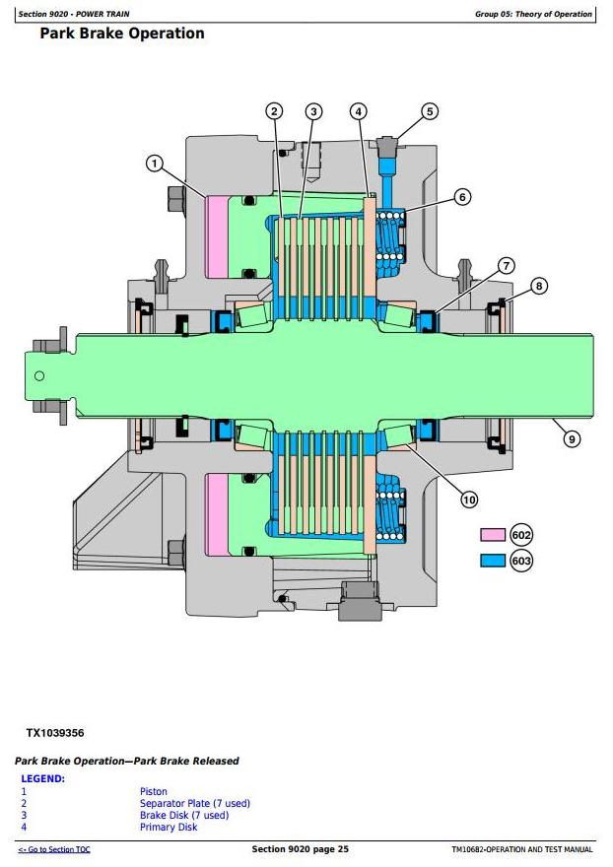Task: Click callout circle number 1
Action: pyautogui.click(x=155, y=164)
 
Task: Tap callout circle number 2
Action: pyautogui.click(x=274, y=111)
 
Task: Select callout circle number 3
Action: pyautogui.click(x=313, y=111)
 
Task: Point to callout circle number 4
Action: pyautogui.click(x=359, y=111)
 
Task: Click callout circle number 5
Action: pyautogui.click(x=430, y=111)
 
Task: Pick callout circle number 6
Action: pyautogui.click(x=462, y=197)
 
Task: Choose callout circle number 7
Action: pyautogui.click(x=507, y=265)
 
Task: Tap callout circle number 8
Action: pyautogui.click(x=539, y=286)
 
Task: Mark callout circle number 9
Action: pyautogui.click(x=572, y=439)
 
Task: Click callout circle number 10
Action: pyautogui.click(x=469, y=500)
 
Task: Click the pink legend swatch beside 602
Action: pyautogui.click(x=493, y=535)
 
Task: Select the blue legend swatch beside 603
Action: pyautogui.click(x=493, y=561)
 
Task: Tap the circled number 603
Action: pyautogui.click(x=521, y=561)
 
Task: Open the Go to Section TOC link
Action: pyautogui.click(x=54, y=849)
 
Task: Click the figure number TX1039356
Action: pyautogui.click(x=55, y=733)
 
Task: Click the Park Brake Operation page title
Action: pyautogui.click(x=122, y=33)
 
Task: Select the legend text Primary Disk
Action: pyautogui.click(x=169, y=828)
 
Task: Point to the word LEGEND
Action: pyautogui.click(x=42, y=778)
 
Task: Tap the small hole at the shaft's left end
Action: pyautogui.click(x=39, y=376)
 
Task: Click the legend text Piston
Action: pyautogui.click(x=154, y=792)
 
